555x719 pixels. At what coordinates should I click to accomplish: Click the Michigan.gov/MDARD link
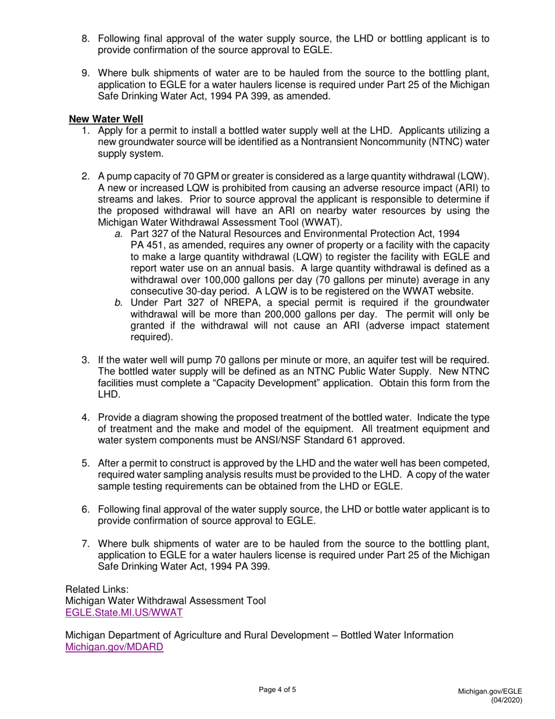tap(114, 647)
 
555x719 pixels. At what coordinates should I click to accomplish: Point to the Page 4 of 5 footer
tap(277, 690)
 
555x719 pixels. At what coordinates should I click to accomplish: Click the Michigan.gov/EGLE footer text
tap(490, 691)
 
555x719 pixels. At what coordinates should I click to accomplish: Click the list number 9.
tap(85, 73)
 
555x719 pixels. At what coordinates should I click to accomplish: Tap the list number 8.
tap(85, 39)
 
